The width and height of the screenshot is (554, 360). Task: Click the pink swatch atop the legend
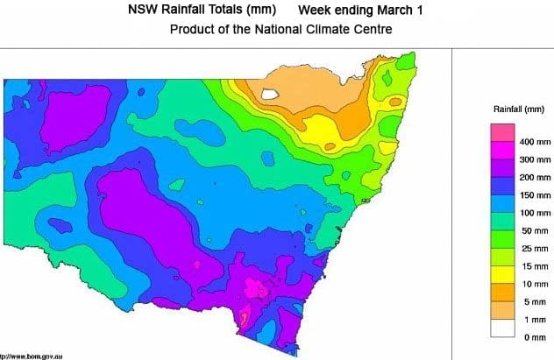(x=501, y=132)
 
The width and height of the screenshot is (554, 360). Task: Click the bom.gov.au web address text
(x=35, y=355)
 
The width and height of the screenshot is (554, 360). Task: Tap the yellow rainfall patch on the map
(x=329, y=131)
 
